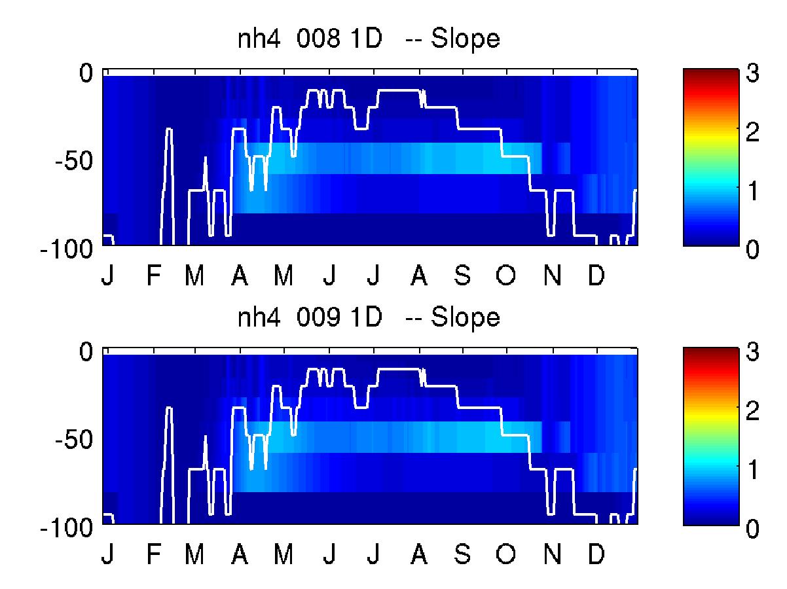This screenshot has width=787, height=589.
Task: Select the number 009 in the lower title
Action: (318, 317)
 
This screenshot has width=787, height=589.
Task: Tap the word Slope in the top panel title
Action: (465, 40)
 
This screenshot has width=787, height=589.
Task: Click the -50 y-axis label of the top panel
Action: (73, 161)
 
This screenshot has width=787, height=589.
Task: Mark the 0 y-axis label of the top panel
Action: (86, 73)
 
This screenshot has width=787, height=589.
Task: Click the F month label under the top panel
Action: (153, 275)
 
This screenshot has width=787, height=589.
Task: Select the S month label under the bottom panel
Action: (462, 554)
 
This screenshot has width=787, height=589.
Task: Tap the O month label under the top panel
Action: (505, 275)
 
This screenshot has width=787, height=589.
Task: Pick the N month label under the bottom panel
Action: (552, 554)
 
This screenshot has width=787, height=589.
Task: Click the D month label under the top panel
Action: (596, 275)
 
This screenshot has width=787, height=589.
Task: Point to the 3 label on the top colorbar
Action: (752, 73)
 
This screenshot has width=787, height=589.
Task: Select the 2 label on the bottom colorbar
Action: (752, 410)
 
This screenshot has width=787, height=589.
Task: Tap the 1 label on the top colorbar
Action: (753, 190)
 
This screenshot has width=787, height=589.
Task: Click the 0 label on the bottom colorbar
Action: (752, 528)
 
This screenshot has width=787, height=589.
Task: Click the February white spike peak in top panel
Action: (169, 129)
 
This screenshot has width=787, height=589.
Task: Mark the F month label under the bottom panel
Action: (153, 554)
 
